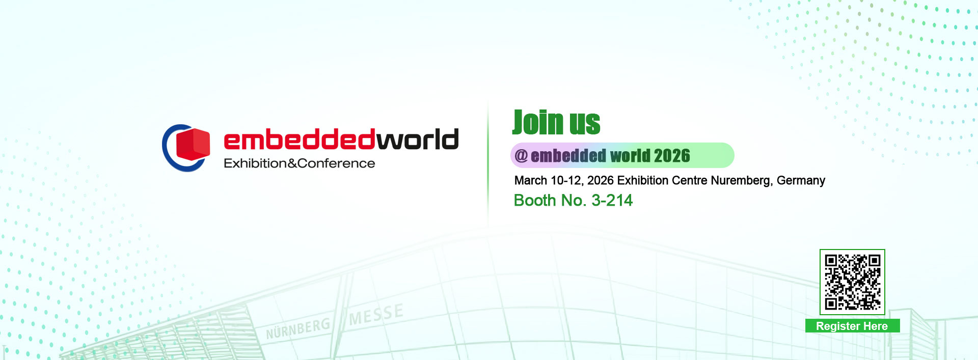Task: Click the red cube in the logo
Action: point(193,144)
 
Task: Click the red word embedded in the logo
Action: point(300,140)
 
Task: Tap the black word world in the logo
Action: point(417,140)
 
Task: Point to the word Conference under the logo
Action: point(336,163)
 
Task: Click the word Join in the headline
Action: point(538,122)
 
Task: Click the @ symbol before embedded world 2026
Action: point(521,156)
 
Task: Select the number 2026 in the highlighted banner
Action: point(672,156)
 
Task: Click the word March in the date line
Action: point(531,180)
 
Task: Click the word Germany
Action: point(801,181)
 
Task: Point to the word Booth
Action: point(535,200)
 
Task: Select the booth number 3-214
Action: point(612,200)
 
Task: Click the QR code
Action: point(852,282)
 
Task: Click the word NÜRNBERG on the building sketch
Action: point(298,328)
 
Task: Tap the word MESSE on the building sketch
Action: point(376,314)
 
